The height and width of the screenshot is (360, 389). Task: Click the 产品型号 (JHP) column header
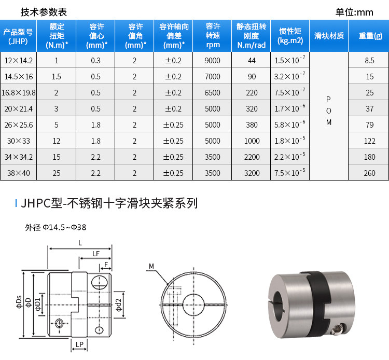[18, 36]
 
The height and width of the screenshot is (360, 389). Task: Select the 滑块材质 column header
[329, 36]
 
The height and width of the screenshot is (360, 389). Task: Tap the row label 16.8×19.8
[18, 93]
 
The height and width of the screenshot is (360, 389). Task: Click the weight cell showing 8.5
[369, 61]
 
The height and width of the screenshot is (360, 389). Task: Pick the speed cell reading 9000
[212, 61]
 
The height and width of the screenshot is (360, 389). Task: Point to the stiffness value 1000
[252, 141]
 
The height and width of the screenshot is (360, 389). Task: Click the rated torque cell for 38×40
[57, 173]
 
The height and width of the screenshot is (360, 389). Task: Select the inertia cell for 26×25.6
[290, 124]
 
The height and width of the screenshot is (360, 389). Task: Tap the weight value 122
[369, 141]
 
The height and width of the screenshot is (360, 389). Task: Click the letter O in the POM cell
[328, 111]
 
